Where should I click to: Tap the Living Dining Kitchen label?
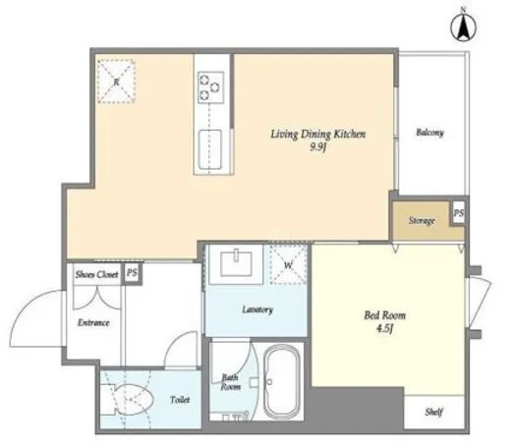tap(318, 134)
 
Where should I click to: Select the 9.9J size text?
tap(318, 147)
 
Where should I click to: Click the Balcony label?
tap(430, 133)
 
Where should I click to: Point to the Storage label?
tap(422, 220)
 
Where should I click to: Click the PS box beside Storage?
tap(459, 213)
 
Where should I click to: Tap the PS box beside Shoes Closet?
tap(133, 272)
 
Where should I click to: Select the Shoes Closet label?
tap(97, 274)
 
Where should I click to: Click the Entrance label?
tap(93, 323)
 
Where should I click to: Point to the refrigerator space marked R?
tap(116, 82)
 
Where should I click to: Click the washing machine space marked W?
tap(288, 264)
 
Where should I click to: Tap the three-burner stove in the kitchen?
tap(210, 87)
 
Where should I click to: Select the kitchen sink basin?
tap(210, 149)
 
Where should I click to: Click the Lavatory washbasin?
tap(236, 264)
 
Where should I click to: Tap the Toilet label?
tap(180, 400)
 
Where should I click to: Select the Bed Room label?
tap(385, 315)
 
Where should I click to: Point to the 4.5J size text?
tap(385, 328)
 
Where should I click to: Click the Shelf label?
tap(434, 412)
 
